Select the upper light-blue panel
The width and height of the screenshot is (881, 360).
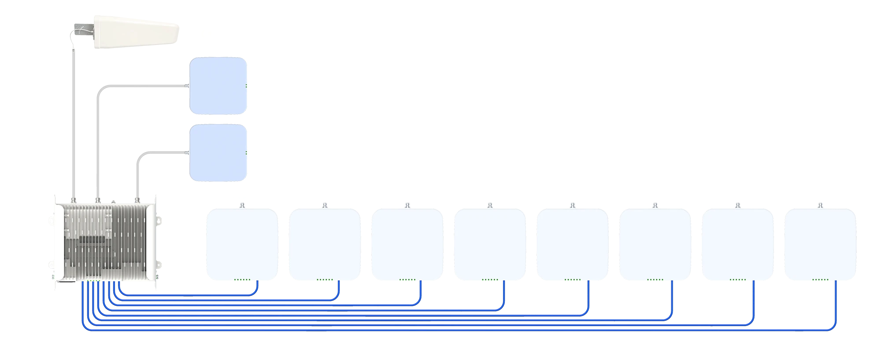218,86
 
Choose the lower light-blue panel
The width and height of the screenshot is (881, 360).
218,153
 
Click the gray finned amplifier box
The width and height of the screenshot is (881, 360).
105,242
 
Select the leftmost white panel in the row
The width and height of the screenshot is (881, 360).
241,245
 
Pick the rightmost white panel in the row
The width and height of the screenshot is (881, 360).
820,245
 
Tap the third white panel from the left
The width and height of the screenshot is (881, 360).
407,245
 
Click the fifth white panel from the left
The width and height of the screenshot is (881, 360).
572,245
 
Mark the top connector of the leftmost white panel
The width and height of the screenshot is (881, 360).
241,205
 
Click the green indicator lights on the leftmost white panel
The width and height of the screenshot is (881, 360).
241,280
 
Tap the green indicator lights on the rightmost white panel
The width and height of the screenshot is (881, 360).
820,280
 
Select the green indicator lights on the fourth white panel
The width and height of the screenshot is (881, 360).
490,280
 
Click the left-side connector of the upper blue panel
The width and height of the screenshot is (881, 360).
187,86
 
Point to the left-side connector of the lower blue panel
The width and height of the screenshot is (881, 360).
187,153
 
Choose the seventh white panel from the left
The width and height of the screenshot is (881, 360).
738,245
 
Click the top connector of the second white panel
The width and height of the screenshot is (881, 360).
324,205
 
